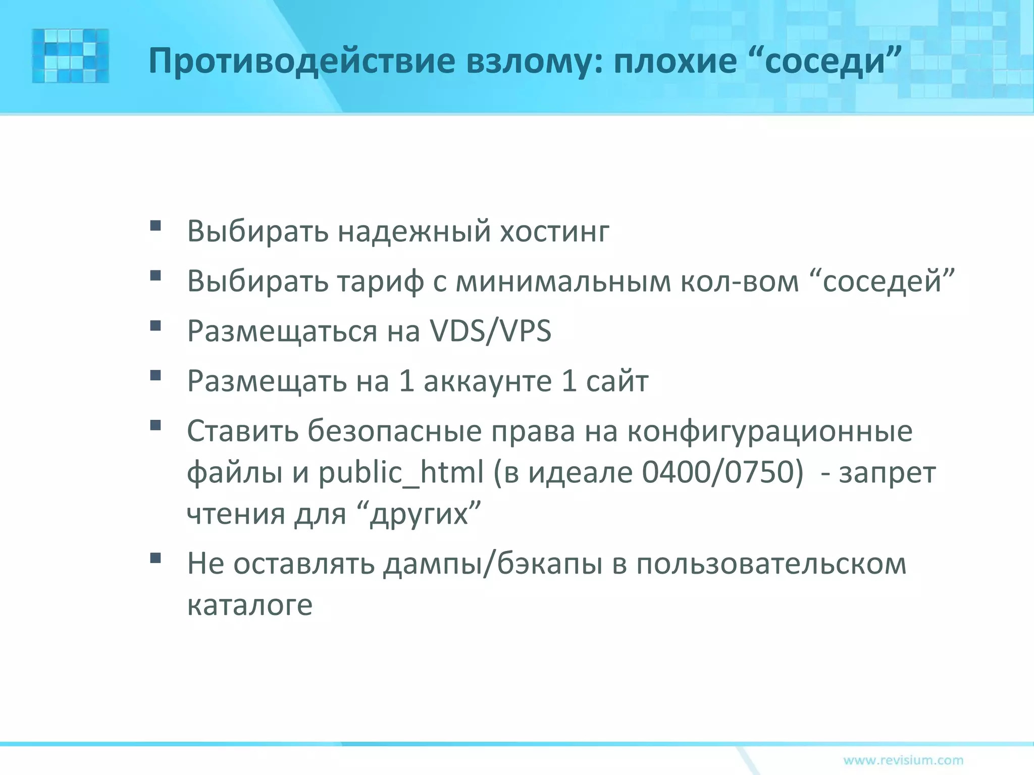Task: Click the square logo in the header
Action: (70, 56)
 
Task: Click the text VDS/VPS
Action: (490, 331)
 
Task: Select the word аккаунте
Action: (487, 381)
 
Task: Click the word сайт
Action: (617, 381)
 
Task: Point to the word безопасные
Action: (395, 431)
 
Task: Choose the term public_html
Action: (401, 473)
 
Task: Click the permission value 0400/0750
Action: (722, 472)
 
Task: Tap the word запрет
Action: (887, 473)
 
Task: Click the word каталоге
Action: (250, 604)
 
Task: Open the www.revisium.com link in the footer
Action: (903, 760)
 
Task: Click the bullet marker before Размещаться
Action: (156, 325)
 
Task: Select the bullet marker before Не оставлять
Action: (156, 558)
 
